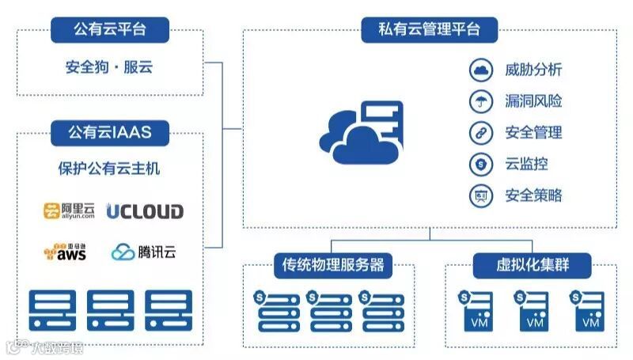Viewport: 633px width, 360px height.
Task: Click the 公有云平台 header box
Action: (x=110, y=31)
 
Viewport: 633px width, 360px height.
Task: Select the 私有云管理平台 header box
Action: (x=430, y=31)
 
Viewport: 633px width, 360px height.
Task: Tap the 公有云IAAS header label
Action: (x=110, y=132)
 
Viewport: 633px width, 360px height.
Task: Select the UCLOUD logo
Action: (x=145, y=211)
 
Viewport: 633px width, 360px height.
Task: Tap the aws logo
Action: (x=65, y=252)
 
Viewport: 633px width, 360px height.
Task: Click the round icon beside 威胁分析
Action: (x=479, y=70)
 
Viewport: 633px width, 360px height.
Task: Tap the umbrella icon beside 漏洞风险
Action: (x=479, y=101)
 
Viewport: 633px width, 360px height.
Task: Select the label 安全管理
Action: (x=533, y=132)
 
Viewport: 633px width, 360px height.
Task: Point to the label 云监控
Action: (x=526, y=164)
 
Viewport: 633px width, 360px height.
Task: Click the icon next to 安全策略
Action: (x=479, y=195)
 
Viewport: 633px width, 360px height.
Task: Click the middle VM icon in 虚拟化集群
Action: (x=532, y=312)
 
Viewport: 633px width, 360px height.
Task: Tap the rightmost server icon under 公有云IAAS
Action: (x=169, y=310)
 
